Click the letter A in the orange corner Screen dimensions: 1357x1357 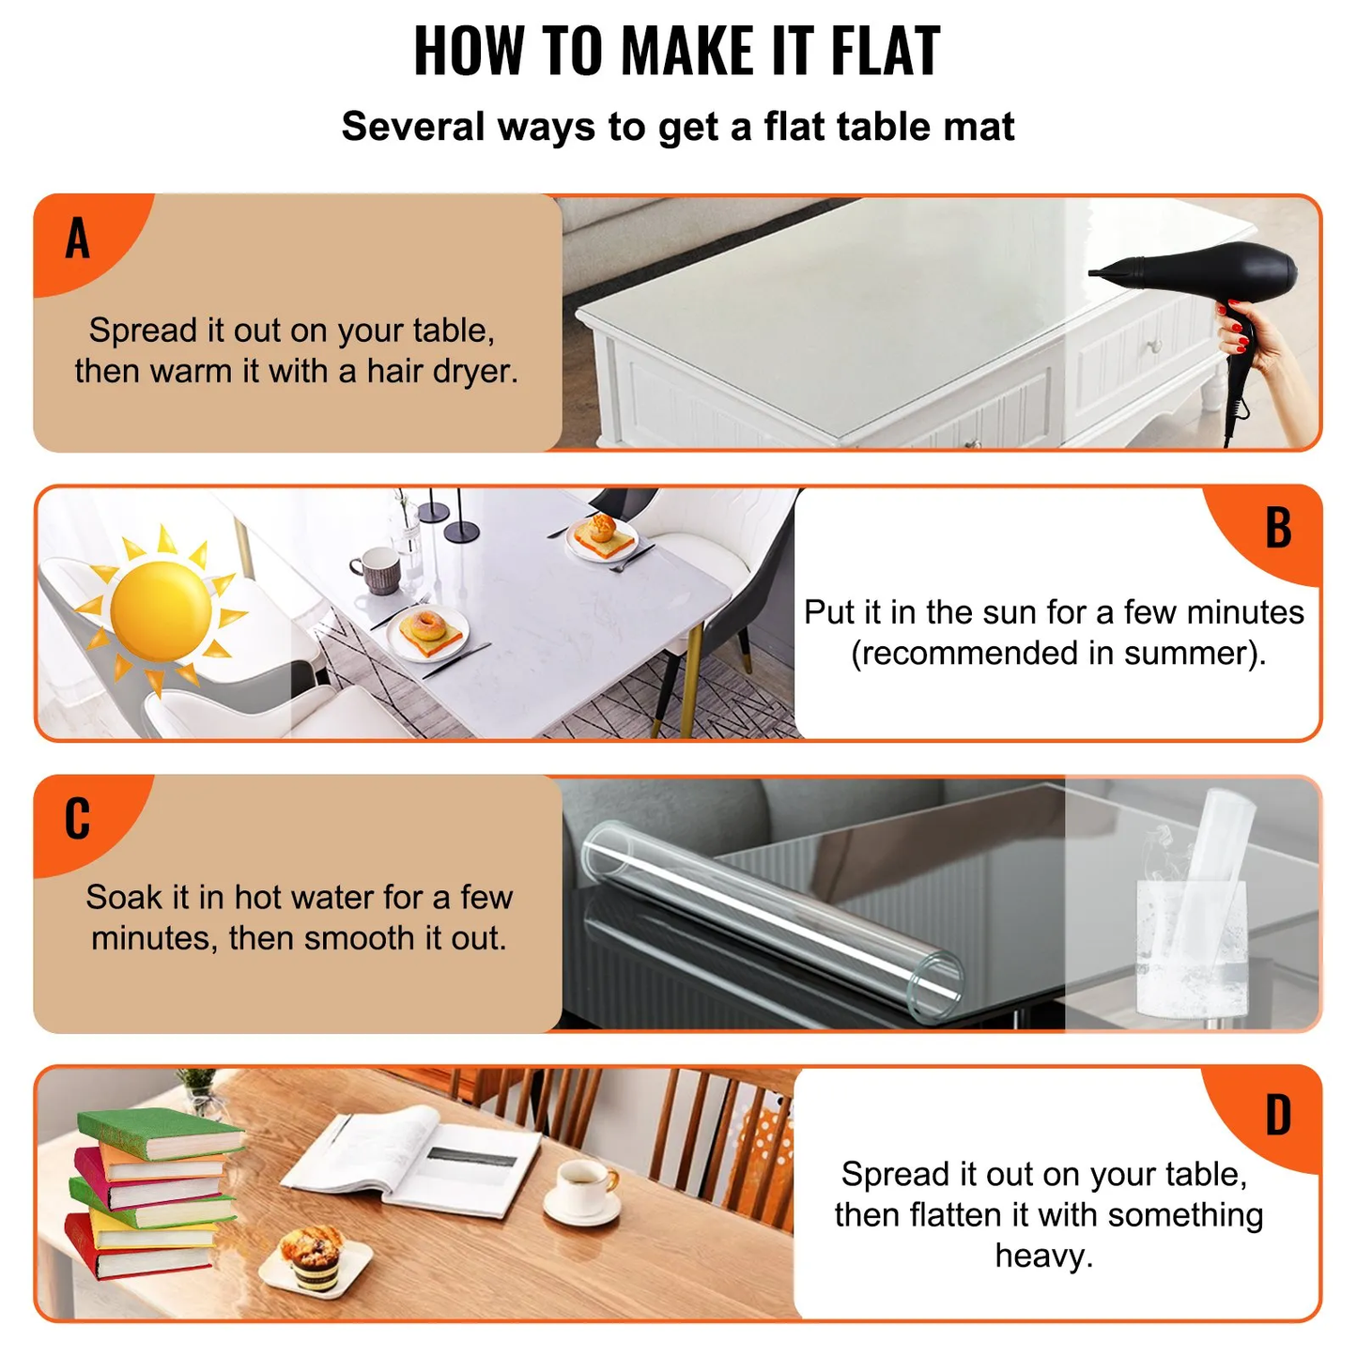pyautogui.click(x=78, y=238)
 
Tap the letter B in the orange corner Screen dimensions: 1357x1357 pyautogui.click(x=1278, y=528)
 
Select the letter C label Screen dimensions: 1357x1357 pyautogui.click(x=77, y=819)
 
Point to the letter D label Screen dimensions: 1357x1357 pyautogui.click(x=1278, y=1116)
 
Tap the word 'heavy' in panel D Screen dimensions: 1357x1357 pyautogui.click(x=1042, y=1256)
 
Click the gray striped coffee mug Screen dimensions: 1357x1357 pyautogui.click(x=378, y=570)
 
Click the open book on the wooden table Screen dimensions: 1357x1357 pyautogui.click(x=413, y=1161)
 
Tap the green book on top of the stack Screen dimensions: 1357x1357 pyautogui.click(x=160, y=1133)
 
